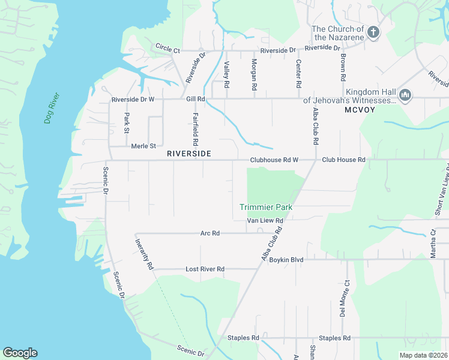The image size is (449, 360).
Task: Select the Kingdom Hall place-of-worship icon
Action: pos(405,95)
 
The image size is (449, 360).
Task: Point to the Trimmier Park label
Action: pos(266,207)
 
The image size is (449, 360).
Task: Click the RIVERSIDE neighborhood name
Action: pos(189,154)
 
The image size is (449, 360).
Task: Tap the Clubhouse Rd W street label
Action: pos(274,160)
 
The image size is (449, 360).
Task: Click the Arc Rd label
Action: pos(210,233)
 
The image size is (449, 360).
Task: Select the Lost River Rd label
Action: pos(205,269)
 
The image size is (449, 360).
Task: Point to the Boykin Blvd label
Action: pos(286,260)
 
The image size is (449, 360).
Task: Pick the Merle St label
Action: pos(143,146)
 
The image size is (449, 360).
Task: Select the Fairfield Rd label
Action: pos(195,129)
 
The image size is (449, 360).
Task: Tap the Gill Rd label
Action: pos(196,99)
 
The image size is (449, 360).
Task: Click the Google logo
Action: pos(20,353)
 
